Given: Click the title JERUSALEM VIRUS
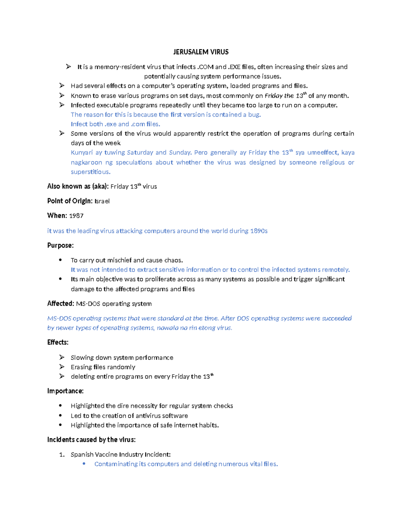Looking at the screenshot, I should (x=201, y=52).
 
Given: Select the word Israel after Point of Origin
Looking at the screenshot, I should (x=102, y=201).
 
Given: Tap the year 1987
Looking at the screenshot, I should (x=76, y=216).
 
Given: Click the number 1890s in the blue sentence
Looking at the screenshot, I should (x=259, y=231).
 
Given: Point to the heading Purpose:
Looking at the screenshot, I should (x=60, y=245).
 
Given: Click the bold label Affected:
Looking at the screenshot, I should (x=61, y=304).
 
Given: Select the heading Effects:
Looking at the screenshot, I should (x=58, y=342).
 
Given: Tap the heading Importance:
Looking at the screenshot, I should (x=65, y=391).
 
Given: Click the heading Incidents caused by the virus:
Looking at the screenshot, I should (x=91, y=440).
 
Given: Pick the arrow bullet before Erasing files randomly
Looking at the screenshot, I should (x=62, y=367).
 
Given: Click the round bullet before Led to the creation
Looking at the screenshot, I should (x=60, y=416).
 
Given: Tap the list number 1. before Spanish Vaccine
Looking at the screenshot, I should (x=62, y=455).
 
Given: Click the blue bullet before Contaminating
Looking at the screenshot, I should (x=84, y=464).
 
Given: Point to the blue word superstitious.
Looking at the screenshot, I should (x=90, y=172).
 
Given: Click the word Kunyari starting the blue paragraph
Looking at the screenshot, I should (x=81, y=153).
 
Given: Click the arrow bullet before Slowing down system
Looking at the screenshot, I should (x=62, y=357).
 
